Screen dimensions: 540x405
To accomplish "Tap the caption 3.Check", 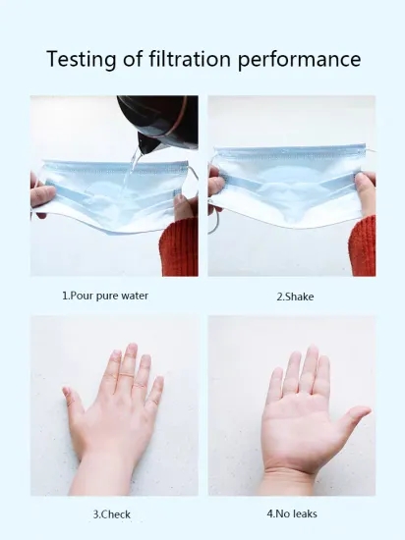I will click(111, 513).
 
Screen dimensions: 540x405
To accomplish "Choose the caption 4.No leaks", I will click(291, 513).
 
